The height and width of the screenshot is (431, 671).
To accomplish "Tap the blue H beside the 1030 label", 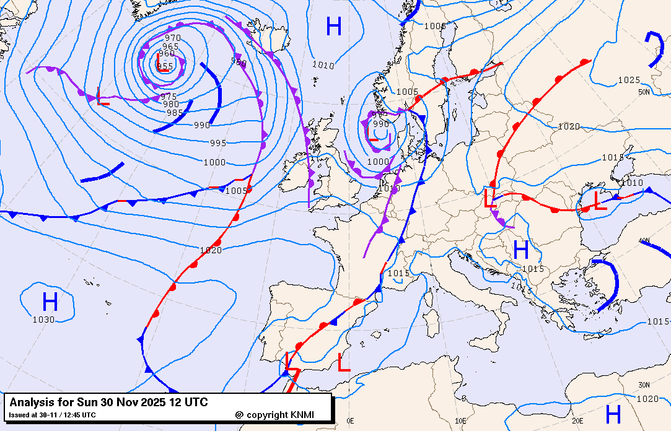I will tap(50, 302).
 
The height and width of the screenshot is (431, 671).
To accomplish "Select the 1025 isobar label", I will tap(629, 80).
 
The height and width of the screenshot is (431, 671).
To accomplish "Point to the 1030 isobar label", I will tap(43, 320).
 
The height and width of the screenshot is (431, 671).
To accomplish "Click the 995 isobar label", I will tap(218, 143).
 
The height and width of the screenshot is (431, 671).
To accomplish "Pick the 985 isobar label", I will tap(175, 113).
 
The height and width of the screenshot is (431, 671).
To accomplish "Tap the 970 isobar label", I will tap(173, 38).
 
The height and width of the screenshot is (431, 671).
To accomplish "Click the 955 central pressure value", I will tap(165, 66).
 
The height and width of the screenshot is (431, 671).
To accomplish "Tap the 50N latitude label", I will tap(644, 92).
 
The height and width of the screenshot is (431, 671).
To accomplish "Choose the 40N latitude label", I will tap(644, 240).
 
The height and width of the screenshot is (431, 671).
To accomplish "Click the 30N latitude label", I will tap(644, 385).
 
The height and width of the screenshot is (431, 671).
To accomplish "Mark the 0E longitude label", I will tap(351, 421).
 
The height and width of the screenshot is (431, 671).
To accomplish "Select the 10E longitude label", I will tap(460, 421).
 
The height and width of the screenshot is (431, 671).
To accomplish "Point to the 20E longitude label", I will tap(577, 421).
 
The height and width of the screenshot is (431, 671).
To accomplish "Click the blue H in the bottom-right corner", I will tap(613, 413).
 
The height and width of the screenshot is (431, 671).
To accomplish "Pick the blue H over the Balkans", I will tap(521, 250).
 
